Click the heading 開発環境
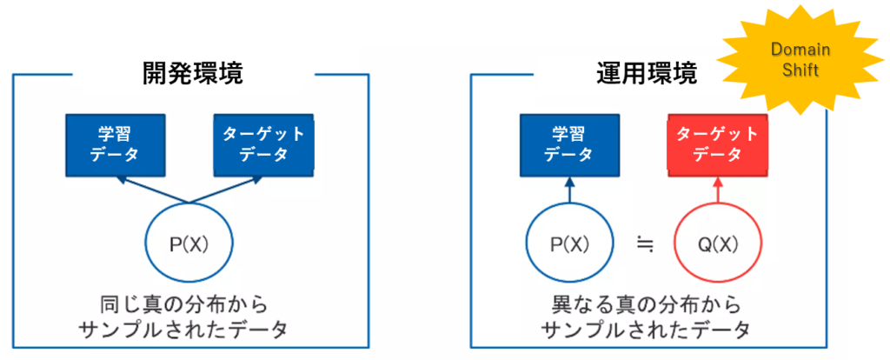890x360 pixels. pyautogui.click(x=192, y=74)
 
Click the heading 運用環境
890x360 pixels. pyautogui.click(x=648, y=74)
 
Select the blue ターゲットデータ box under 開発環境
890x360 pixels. pyautogui.click(x=263, y=144)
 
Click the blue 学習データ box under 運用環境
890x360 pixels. pyautogui.click(x=568, y=144)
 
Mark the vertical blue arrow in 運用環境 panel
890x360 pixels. pyautogui.click(x=568, y=191)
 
